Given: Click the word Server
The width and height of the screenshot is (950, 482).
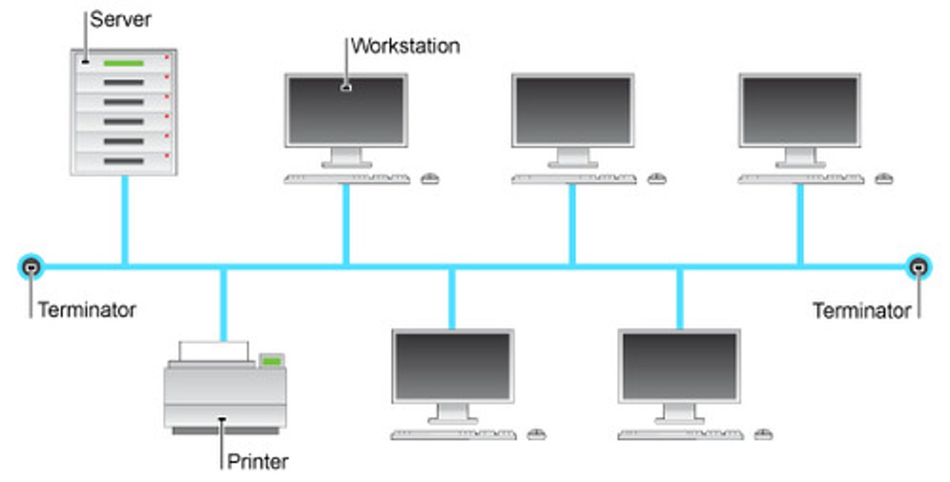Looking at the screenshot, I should click(x=121, y=20).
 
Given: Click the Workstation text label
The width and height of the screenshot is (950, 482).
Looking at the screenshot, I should click(x=405, y=46).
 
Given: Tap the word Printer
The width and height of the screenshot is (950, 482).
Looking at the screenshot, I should click(x=257, y=462).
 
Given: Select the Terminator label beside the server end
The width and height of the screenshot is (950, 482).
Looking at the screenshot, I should click(x=87, y=309).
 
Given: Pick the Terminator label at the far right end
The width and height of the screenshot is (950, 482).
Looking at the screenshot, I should click(x=861, y=310).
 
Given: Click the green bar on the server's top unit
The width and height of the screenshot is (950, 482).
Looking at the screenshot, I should click(x=123, y=63).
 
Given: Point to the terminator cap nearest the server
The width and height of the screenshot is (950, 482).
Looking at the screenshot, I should click(x=31, y=267).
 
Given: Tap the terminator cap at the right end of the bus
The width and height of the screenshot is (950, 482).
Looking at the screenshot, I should click(x=918, y=267).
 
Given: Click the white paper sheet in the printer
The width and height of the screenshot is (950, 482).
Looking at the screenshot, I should click(x=214, y=351).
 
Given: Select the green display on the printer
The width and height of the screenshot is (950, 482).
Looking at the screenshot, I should click(x=271, y=360).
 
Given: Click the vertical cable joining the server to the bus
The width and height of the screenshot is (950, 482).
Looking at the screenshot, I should click(x=124, y=221).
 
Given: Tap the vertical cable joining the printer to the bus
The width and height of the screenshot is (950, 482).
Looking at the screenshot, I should click(x=224, y=303).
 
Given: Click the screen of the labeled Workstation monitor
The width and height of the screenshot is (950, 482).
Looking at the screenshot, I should click(x=346, y=109).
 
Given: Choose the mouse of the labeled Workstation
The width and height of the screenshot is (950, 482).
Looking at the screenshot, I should click(x=430, y=179).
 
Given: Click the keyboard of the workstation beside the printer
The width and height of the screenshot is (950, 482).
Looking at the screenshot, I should click(x=454, y=435).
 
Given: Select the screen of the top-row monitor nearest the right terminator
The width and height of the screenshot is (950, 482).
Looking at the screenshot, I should click(x=800, y=109).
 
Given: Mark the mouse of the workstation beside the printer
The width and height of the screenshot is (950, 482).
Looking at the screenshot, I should click(x=536, y=434).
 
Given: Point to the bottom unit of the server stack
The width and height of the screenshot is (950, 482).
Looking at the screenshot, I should click(x=123, y=162).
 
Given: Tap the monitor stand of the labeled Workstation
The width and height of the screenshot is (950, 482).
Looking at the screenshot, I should click(x=346, y=158).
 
